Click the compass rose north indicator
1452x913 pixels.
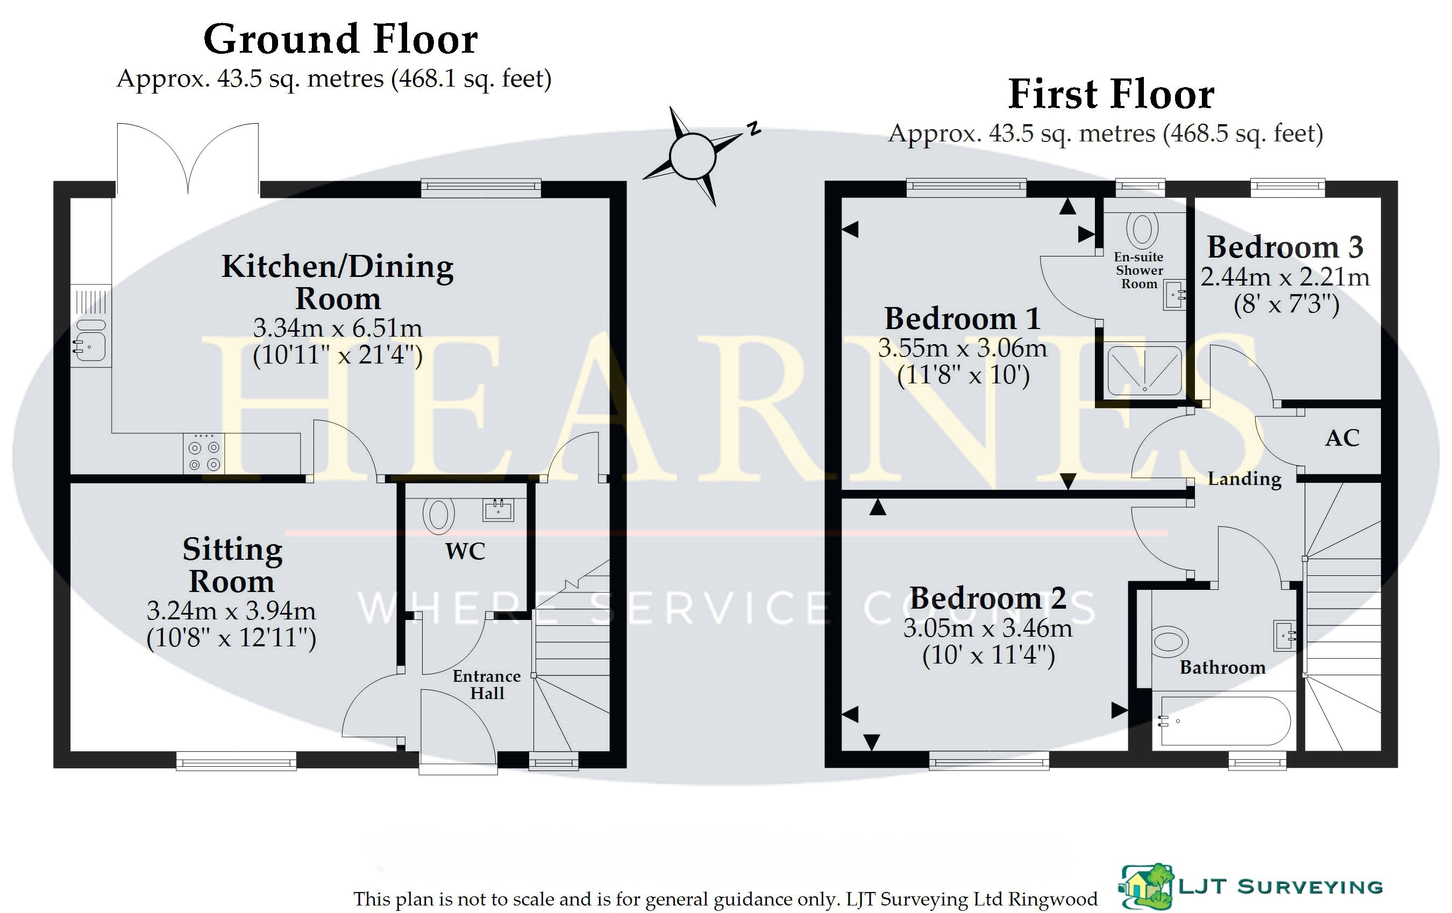coord(753,129)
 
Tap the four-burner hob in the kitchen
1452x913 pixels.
coord(204,453)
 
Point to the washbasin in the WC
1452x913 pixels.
coord(498,510)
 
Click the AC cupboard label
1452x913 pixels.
coord(1342,438)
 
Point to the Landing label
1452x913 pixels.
coord(1244,479)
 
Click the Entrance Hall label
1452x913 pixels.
coord(487,684)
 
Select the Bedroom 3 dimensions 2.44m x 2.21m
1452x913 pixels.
coord(1285,277)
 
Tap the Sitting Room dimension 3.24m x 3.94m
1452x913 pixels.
coord(231,611)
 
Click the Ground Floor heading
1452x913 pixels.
coord(341,39)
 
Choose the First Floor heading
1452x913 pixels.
coord(1111,95)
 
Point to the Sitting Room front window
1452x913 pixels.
coord(237,760)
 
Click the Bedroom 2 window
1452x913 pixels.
coord(989,760)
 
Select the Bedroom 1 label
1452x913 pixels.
coord(963,318)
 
